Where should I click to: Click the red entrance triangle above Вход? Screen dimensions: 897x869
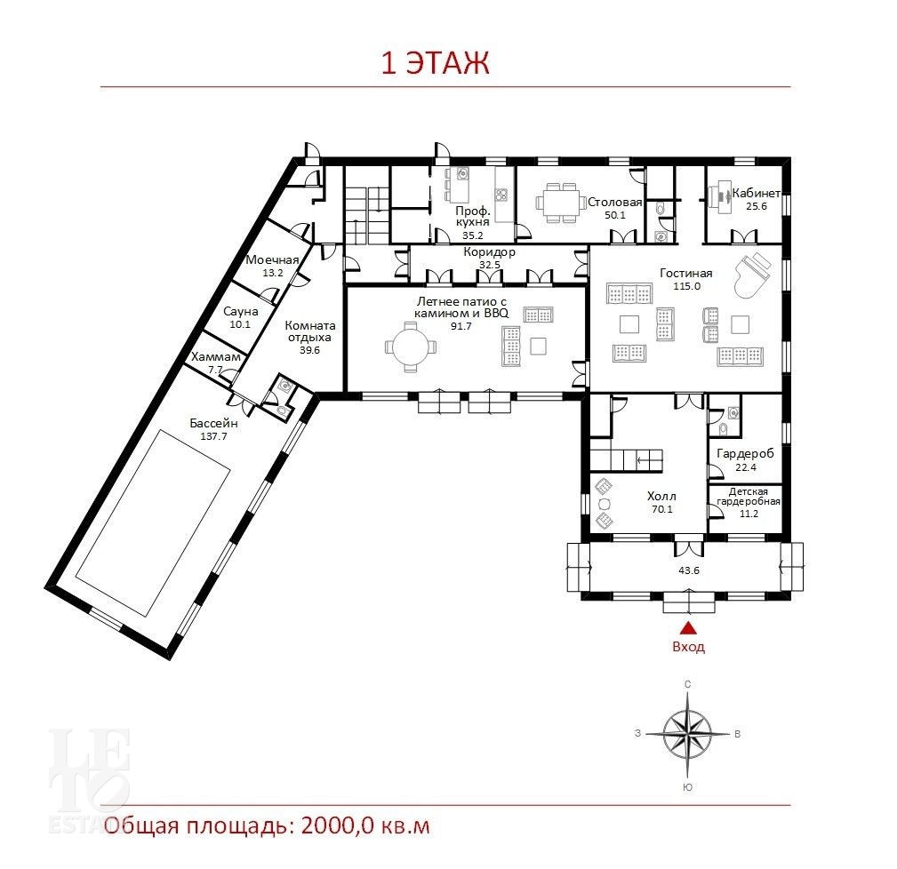point(688,628)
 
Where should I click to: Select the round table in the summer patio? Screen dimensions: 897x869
point(410,347)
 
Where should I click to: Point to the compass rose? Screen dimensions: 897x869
point(687,733)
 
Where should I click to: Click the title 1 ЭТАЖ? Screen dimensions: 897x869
point(435,63)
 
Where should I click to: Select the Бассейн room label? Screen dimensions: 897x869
point(213,424)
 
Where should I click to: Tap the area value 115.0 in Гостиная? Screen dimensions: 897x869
point(686,286)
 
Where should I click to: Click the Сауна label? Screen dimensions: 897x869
point(240,312)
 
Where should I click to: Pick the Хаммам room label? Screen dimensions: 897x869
point(216,356)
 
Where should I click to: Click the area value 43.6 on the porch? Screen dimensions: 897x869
point(689,570)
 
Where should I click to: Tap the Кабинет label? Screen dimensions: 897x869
point(757,193)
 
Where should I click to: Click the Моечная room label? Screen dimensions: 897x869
point(272,260)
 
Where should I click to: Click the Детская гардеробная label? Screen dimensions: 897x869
point(749,496)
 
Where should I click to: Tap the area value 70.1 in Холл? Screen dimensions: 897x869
point(662,509)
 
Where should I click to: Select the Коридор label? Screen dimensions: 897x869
point(490,252)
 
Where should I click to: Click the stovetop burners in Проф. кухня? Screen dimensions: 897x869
point(501,195)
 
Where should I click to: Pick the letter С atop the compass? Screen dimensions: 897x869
point(687,684)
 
